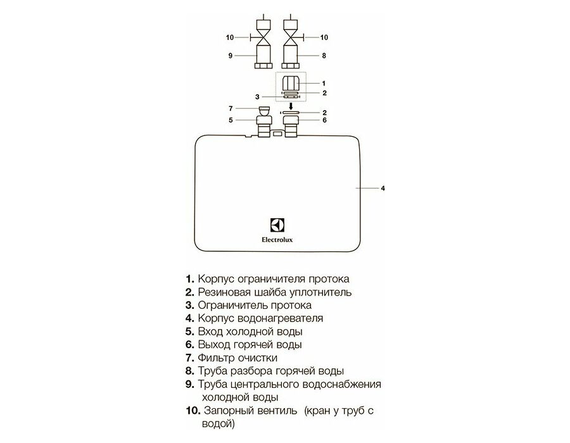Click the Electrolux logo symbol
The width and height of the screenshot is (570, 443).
point(277,225)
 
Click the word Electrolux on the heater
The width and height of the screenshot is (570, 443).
point(277,240)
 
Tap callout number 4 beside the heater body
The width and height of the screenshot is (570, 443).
point(383,188)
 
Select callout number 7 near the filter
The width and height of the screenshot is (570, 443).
point(231,108)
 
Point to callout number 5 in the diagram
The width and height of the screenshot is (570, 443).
point(231,120)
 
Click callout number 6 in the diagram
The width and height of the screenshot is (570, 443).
point(325,120)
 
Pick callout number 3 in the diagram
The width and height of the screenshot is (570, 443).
point(257,97)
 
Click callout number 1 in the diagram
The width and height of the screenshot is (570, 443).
point(324,84)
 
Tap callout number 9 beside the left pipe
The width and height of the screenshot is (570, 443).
point(230,56)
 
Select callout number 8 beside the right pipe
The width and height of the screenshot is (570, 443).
point(324,56)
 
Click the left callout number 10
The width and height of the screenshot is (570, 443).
point(230,37)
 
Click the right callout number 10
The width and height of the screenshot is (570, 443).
point(324,37)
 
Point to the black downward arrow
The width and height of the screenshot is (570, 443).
point(291,106)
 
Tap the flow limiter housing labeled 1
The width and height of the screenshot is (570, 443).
point(291,83)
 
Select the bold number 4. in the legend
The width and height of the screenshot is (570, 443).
point(190,318)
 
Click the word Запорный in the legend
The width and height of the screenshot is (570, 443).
point(229,411)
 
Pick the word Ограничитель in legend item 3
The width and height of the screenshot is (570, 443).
point(232,306)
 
